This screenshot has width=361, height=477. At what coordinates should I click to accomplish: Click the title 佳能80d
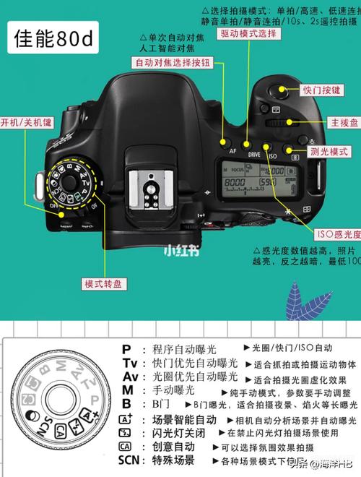point(54,40)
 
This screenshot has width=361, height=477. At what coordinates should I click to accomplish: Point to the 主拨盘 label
point(342,122)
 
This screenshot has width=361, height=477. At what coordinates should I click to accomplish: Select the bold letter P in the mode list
point(126,348)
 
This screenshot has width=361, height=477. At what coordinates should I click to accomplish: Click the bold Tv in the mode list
point(130,363)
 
